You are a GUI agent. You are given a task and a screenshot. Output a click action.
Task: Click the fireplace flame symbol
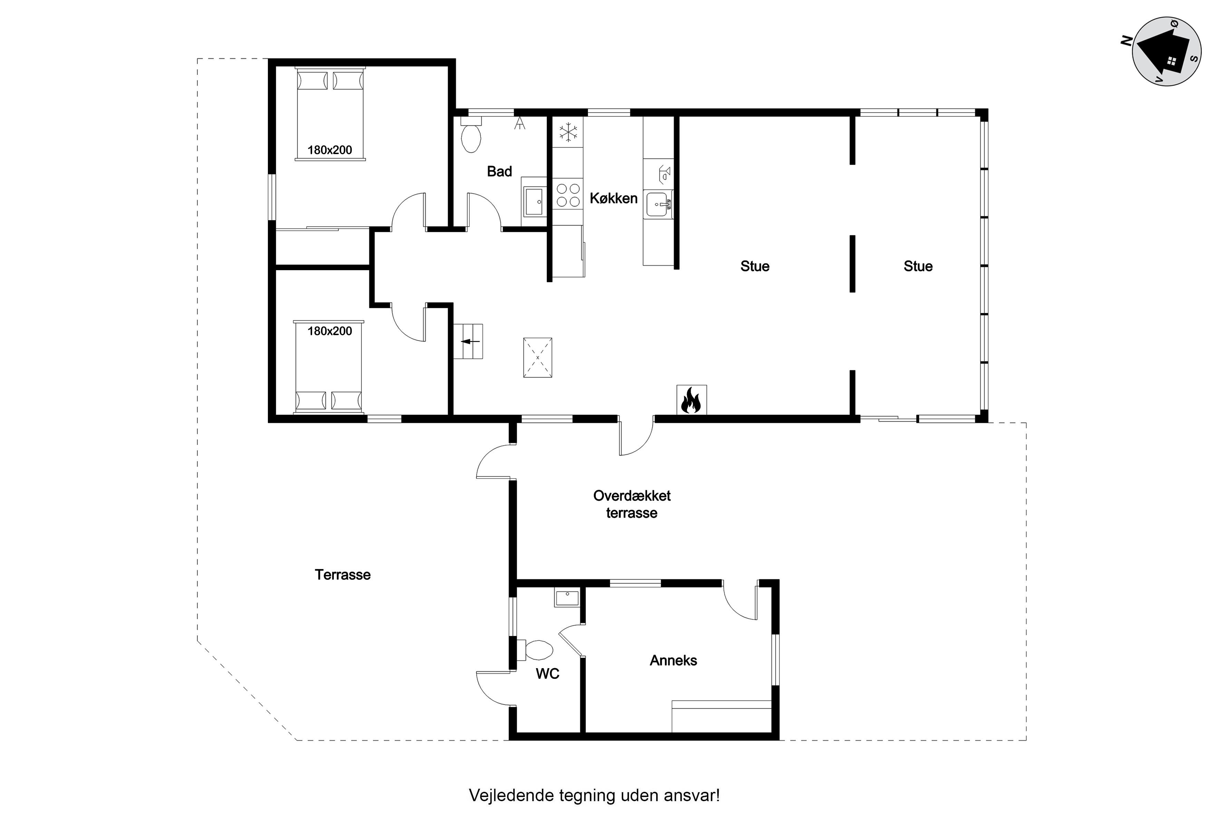tap(691, 400)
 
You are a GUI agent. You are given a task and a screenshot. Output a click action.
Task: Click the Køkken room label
tap(614, 198)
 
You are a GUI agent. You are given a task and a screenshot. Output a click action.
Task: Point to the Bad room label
tap(499, 171)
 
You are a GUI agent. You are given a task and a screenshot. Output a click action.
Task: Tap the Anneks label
tap(673, 661)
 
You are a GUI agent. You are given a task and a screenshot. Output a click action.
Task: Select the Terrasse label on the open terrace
tap(343, 575)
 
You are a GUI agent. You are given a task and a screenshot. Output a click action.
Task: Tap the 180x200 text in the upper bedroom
tap(330, 150)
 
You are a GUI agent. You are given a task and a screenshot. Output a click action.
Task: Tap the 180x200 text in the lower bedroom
tap(330, 331)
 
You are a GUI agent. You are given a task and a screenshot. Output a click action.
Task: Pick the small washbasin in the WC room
tap(567, 598)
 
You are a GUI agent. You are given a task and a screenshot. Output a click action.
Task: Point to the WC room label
tap(547, 674)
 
